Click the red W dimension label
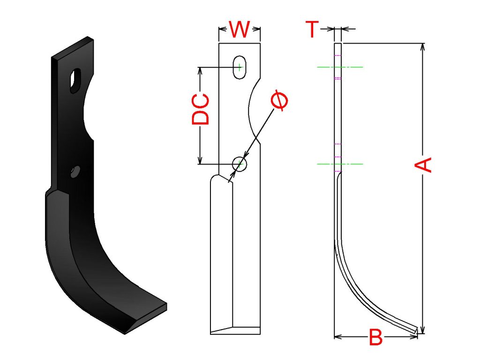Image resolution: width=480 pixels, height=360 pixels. point(240,30)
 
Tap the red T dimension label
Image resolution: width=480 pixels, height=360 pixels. point(312,29)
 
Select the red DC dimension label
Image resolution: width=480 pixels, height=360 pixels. point(201,109)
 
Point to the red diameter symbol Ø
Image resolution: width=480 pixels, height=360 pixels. point(280,100)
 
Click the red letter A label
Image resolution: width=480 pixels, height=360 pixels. point(423,165)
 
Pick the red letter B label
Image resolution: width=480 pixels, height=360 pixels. point(375,337)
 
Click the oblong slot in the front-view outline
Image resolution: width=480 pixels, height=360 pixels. point(240,67)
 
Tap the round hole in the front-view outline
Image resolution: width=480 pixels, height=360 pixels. point(240,164)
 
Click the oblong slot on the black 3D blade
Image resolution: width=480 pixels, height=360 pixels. point(75,81)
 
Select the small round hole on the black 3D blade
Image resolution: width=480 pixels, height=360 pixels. point(75,172)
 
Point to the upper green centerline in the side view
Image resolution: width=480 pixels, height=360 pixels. point(340,67)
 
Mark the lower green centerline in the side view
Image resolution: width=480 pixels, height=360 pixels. point(340,164)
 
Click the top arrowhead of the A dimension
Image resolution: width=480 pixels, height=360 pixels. point(423,46)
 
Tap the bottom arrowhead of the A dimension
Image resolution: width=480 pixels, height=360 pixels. point(423,330)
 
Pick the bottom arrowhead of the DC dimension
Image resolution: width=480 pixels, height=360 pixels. point(200,161)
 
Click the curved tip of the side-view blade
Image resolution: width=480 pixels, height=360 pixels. point(416,330)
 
